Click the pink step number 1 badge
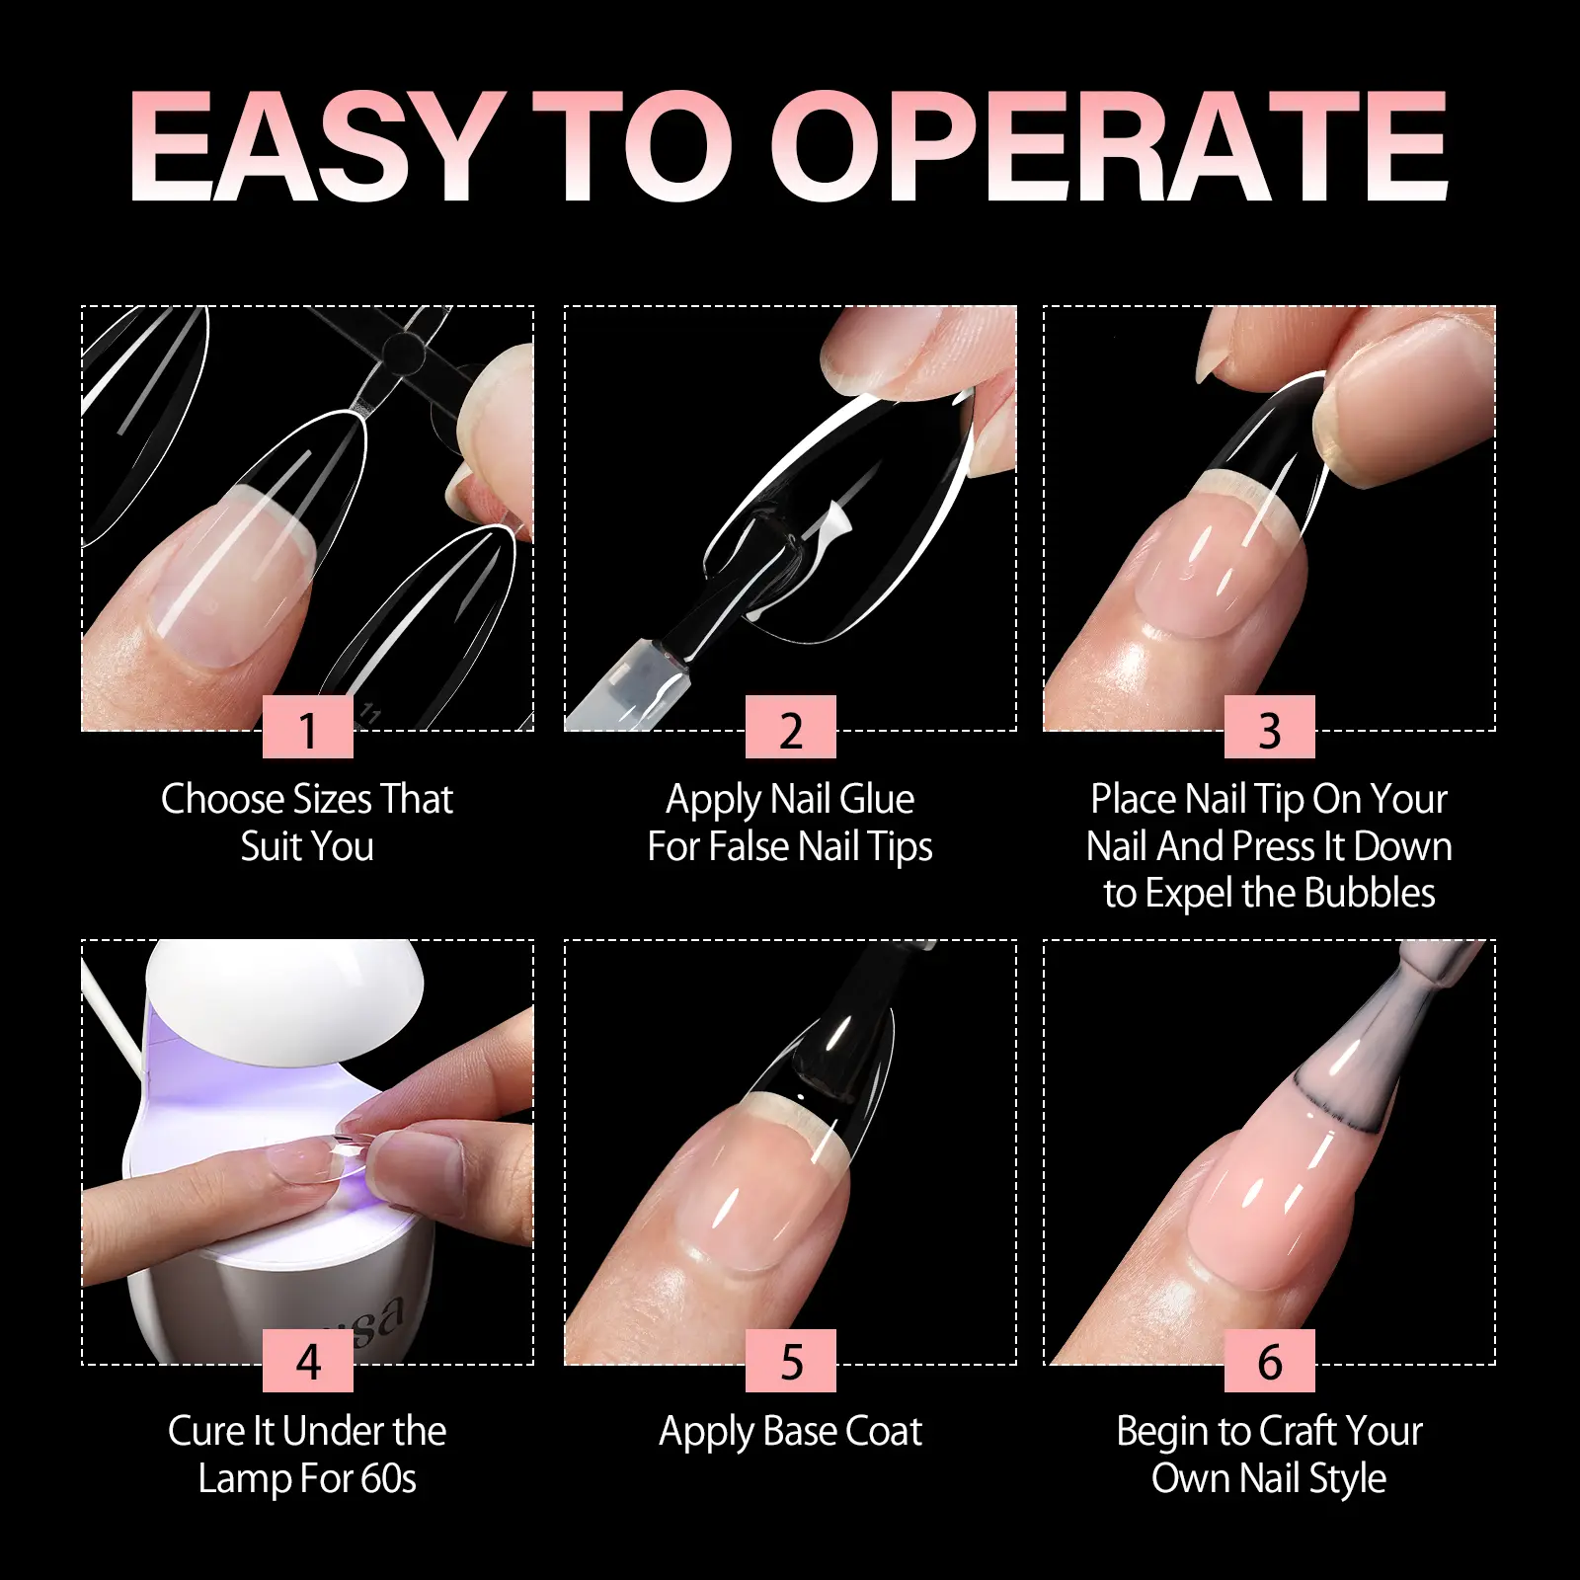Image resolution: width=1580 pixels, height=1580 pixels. [x=308, y=727]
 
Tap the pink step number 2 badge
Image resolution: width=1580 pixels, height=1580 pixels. [x=791, y=727]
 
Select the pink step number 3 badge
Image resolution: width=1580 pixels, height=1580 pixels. [x=1270, y=727]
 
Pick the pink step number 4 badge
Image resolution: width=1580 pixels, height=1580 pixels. [x=308, y=1361]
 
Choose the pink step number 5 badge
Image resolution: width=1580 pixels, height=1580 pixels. [x=791, y=1361]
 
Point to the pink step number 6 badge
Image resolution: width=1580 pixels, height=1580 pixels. [x=1270, y=1361]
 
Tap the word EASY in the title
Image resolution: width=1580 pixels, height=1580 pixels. [x=314, y=147]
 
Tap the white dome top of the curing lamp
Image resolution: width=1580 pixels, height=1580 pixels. [x=284, y=977]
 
